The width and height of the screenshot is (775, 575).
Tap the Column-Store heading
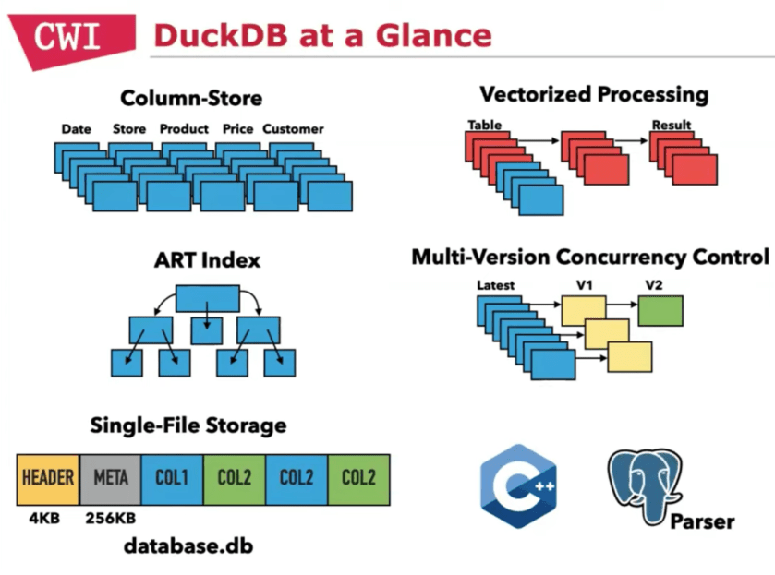[x=191, y=98]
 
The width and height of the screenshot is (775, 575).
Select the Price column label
[x=237, y=129]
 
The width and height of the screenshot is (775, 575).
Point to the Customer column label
[x=293, y=129]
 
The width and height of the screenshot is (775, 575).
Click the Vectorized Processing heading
[x=594, y=94]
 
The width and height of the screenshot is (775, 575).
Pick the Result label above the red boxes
[x=671, y=125]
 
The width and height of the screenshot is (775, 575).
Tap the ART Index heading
[x=207, y=261]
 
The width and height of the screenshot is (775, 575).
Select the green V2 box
[x=660, y=311]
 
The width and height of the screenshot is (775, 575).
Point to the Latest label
[x=495, y=285]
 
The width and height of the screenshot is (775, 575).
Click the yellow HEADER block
[x=48, y=478]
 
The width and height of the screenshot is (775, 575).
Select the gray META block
[x=111, y=478]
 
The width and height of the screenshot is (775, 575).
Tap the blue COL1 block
[x=172, y=478]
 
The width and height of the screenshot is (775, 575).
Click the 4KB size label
[x=43, y=518]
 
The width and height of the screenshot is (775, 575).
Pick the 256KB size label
[x=110, y=518]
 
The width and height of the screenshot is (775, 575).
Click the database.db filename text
[x=188, y=546]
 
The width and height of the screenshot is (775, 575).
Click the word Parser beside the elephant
[x=703, y=521]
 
